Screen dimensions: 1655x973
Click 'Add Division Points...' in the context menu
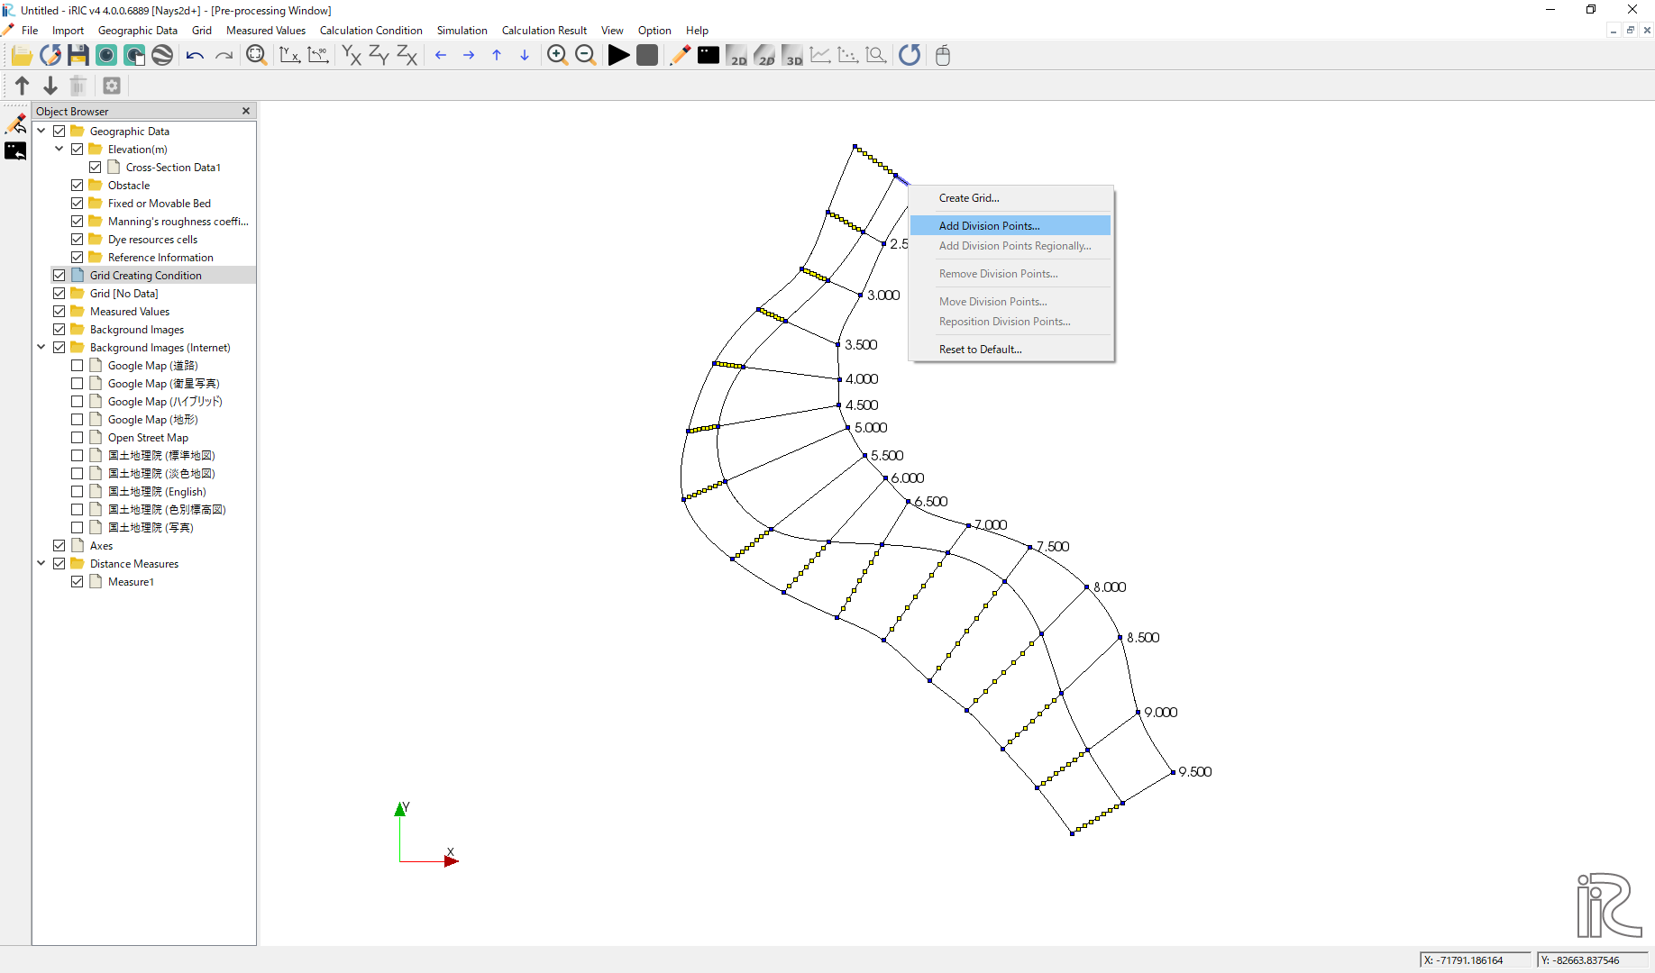coord(989,225)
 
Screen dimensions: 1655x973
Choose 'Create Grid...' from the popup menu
coord(969,197)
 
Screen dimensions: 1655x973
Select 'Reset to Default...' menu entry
coord(980,349)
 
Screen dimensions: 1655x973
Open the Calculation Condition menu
coord(370,30)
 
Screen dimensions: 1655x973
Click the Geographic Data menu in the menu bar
coord(137,30)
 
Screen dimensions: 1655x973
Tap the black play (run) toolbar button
coord(618,55)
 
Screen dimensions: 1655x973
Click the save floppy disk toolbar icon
coord(78,55)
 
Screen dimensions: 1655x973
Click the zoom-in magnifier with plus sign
coord(557,55)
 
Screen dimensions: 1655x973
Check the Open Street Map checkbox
coord(77,437)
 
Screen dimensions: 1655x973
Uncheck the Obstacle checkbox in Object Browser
coord(77,185)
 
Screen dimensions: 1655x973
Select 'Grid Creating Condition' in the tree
coord(145,275)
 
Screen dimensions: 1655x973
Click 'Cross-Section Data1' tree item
coord(173,167)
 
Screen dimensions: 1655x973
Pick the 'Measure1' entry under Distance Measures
coord(131,581)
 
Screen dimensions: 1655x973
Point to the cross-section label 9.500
coord(1195,771)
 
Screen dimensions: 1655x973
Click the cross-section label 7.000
coord(991,524)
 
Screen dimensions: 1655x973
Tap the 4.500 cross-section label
coord(862,405)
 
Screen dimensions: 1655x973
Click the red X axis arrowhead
coord(452,861)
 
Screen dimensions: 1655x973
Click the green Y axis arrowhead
coord(400,809)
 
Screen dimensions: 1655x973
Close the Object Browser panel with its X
coord(246,111)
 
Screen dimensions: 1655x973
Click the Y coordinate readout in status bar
coord(1592,959)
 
